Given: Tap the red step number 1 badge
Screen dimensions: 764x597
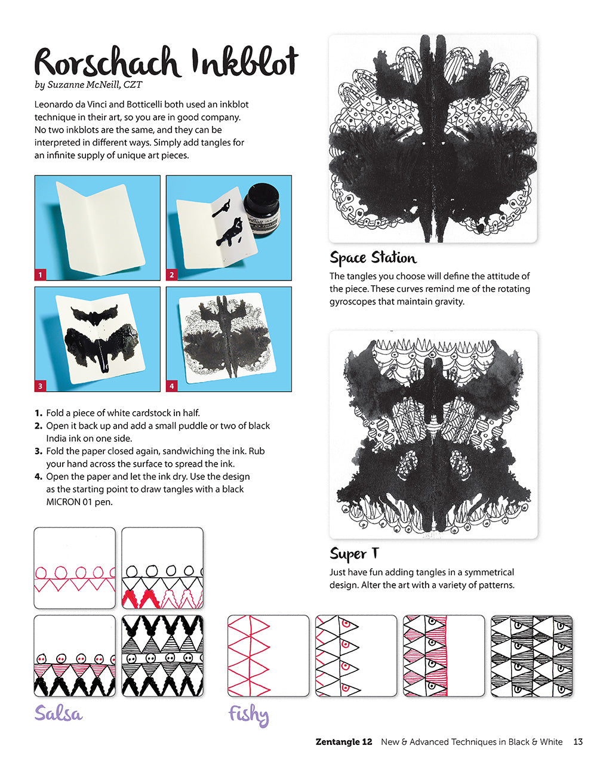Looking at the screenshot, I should (41, 275).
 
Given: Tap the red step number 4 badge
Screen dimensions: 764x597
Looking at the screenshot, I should (172, 386).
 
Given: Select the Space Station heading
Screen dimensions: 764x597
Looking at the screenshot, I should (373, 258).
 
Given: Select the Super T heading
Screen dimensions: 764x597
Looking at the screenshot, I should (354, 554).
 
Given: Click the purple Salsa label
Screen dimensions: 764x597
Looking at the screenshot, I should (58, 713).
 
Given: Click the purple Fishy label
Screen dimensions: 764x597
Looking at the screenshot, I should (248, 714).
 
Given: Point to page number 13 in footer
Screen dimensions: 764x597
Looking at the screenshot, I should (577, 742).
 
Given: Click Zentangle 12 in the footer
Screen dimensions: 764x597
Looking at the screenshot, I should (344, 742).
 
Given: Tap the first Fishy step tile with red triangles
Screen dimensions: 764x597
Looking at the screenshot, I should (268, 655).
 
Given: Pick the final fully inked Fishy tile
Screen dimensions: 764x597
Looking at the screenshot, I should (531, 655).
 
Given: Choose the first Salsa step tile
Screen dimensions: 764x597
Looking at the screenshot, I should (75, 567).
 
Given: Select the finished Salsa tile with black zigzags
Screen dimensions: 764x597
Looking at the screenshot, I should (162, 655).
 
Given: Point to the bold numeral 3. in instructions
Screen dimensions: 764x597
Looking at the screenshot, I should (38, 451).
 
